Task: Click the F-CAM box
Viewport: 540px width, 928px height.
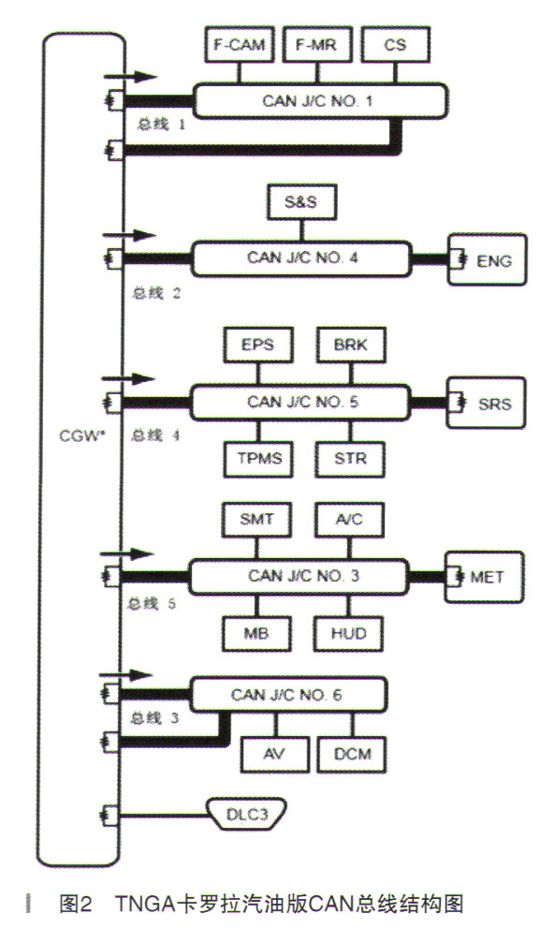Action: (240, 44)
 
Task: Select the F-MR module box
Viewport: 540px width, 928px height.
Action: (317, 44)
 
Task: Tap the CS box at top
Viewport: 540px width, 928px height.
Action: (395, 44)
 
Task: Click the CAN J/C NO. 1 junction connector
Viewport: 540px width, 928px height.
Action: (319, 100)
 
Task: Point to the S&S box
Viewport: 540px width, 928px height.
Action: (301, 202)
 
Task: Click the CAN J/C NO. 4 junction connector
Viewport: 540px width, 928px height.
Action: (301, 258)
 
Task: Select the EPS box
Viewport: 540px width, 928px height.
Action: (258, 345)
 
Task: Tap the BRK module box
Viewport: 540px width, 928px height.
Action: (351, 345)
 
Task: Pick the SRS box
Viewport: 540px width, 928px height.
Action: (487, 403)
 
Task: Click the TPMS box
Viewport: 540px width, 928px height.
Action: (258, 459)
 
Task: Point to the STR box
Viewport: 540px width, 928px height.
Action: (351, 459)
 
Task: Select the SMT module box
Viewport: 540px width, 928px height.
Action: (256, 520)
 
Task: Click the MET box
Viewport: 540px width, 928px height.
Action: (485, 577)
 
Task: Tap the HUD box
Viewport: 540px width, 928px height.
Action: (349, 634)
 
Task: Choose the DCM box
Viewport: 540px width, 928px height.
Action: (353, 755)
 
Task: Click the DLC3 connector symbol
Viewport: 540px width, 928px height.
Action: (247, 815)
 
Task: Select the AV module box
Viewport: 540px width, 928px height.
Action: (274, 755)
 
